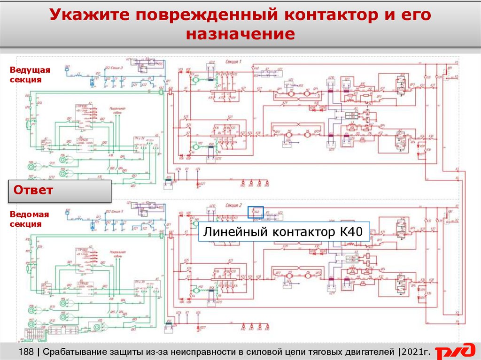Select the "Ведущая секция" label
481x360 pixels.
[29, 75]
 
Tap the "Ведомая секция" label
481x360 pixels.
[29, 219]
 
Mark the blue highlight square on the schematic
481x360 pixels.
[256, 212]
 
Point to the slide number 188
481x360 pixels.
[27, 352]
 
